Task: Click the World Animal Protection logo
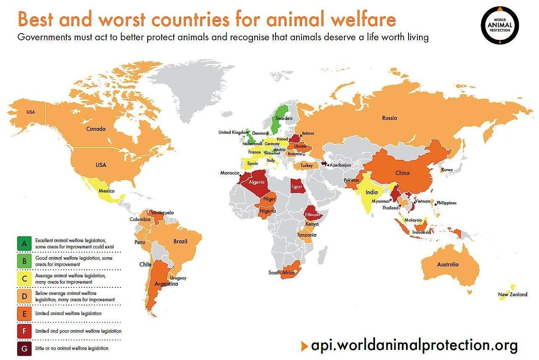coord(500,25)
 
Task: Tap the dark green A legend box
coord(24,243)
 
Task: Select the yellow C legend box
coord(24,278)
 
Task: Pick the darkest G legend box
coord(24,348)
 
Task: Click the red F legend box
coord(24,331)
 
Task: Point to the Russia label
coord(389,118)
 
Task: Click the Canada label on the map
coord(96,129)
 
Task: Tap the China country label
coord(402,173)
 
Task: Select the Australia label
coord(447,264)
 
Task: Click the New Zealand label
coord(513,295)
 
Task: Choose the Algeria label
coord(256,183)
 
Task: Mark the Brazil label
coord(180,241)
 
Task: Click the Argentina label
coord(166,284)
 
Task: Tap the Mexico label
coord(107,191)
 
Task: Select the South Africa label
coord(282,273)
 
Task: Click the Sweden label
coord(284,118)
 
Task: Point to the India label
coord(371,193)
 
